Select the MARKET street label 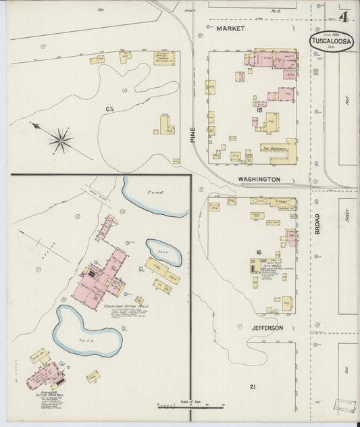[x=229, y=30]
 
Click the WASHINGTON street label [x=259, y=179]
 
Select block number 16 [x=257, y=253]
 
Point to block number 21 [x=253, y=386]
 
